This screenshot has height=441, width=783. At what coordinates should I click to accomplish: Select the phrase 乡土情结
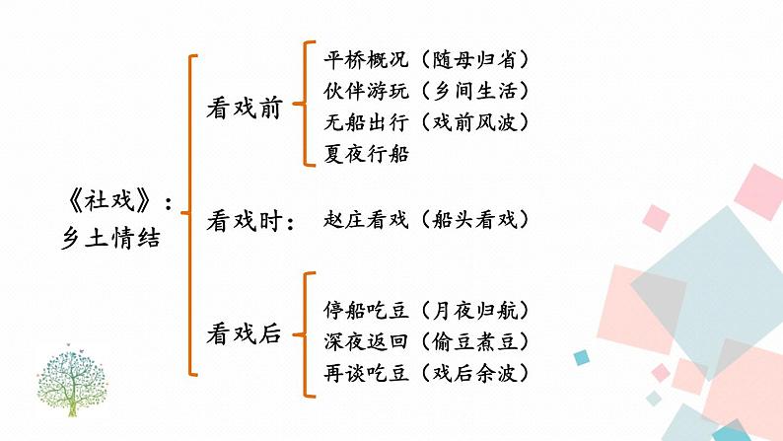108,238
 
